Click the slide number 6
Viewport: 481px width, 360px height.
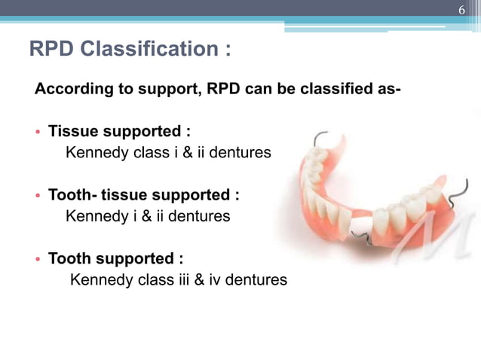(464, 10)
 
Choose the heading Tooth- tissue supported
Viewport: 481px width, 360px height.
(144, 195)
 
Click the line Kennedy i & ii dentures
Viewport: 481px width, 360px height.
(149, 217)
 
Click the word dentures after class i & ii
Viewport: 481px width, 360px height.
(238, 154)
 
